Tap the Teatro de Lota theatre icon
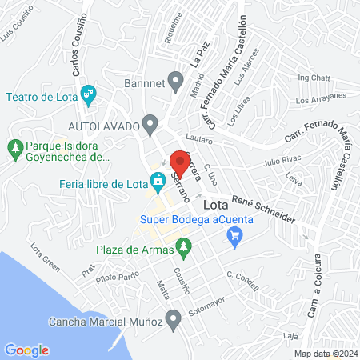click(x=90, y=94)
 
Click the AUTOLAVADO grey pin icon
click(x=150, y=124)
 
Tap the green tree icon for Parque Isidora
click(x=14, y=148)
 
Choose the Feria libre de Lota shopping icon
click(x=156, y=182)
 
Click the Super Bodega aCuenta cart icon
click(x=234, y=234)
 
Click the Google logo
click(x=26, y=350)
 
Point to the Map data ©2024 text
click(x=325, y=354)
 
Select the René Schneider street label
click(x=263, y=208)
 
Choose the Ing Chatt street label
click(x=313, y=78)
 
